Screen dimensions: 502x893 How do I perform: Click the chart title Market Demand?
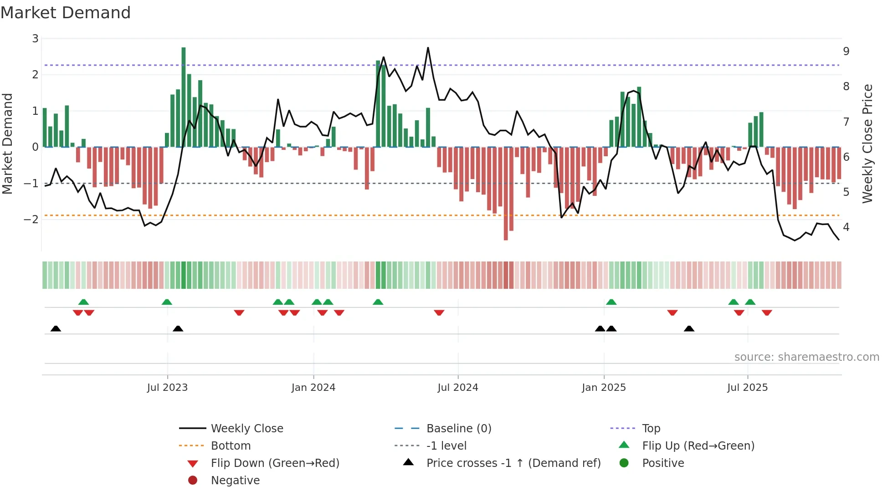click(x=66, y=13)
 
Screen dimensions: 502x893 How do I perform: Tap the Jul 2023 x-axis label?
click(x=167, y=388)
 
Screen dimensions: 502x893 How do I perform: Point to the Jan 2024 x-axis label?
click(x=313, y=388)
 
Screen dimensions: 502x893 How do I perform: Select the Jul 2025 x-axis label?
click(x=747, y=388)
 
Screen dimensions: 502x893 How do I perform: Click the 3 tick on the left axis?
click(x=35, y=39)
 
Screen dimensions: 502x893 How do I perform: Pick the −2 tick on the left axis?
click(x=31, y=220)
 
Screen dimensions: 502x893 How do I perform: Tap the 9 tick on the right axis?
click(x=846, y=51)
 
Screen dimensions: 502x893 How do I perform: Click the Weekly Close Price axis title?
click(x=867, y=143)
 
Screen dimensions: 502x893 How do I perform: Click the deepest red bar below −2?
click(x=506, y=194)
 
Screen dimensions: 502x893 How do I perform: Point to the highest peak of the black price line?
click(x=428, y=48)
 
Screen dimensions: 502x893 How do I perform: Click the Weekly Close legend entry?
click(x=246, y=429)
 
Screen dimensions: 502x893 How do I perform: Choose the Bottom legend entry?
click(x=231, y=446)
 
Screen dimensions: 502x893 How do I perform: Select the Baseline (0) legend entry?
click(x=458, y=429)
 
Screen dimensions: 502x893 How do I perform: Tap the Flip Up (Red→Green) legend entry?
click(x=698, y=446)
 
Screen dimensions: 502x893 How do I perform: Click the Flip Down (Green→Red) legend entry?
click(x=275, y=463)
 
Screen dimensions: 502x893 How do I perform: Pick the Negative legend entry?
click(x=235, y=481)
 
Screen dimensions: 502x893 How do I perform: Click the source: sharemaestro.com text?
click(x=806, y=357)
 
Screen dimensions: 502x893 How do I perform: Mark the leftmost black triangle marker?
click(x=56, y=328)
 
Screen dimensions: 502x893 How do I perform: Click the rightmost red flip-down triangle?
click(x=767, y=312)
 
